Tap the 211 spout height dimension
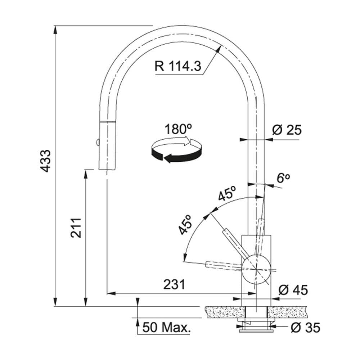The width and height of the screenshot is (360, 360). click(76, 228)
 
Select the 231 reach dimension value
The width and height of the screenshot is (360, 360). click(174, 285)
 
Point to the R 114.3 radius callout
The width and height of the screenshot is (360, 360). click(178, 66)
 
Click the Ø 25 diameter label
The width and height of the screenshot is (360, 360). click(287, 130)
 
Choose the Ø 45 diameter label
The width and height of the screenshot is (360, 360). click(293, 290)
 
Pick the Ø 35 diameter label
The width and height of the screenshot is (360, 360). click(305, 327)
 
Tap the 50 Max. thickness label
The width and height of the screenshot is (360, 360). click(167, 327)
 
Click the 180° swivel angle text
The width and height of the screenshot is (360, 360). click(178, 129)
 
